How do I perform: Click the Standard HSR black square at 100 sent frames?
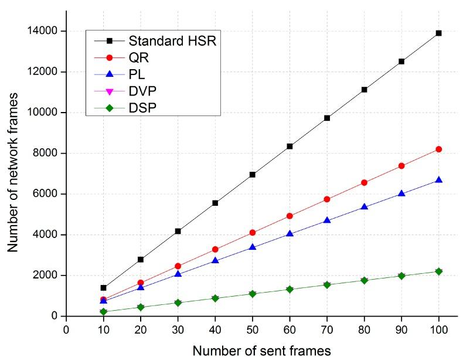coord(438,33)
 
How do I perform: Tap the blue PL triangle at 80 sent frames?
coord(364,207)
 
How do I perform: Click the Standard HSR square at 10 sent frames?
coord(103,288)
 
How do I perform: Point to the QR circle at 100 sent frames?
coord(438,150)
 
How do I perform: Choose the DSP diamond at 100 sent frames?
coord(438,271)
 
